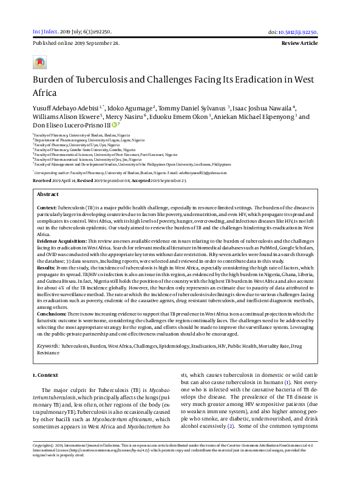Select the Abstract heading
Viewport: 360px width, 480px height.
[48, 178]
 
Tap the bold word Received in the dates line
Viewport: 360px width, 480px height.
[42, 164]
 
